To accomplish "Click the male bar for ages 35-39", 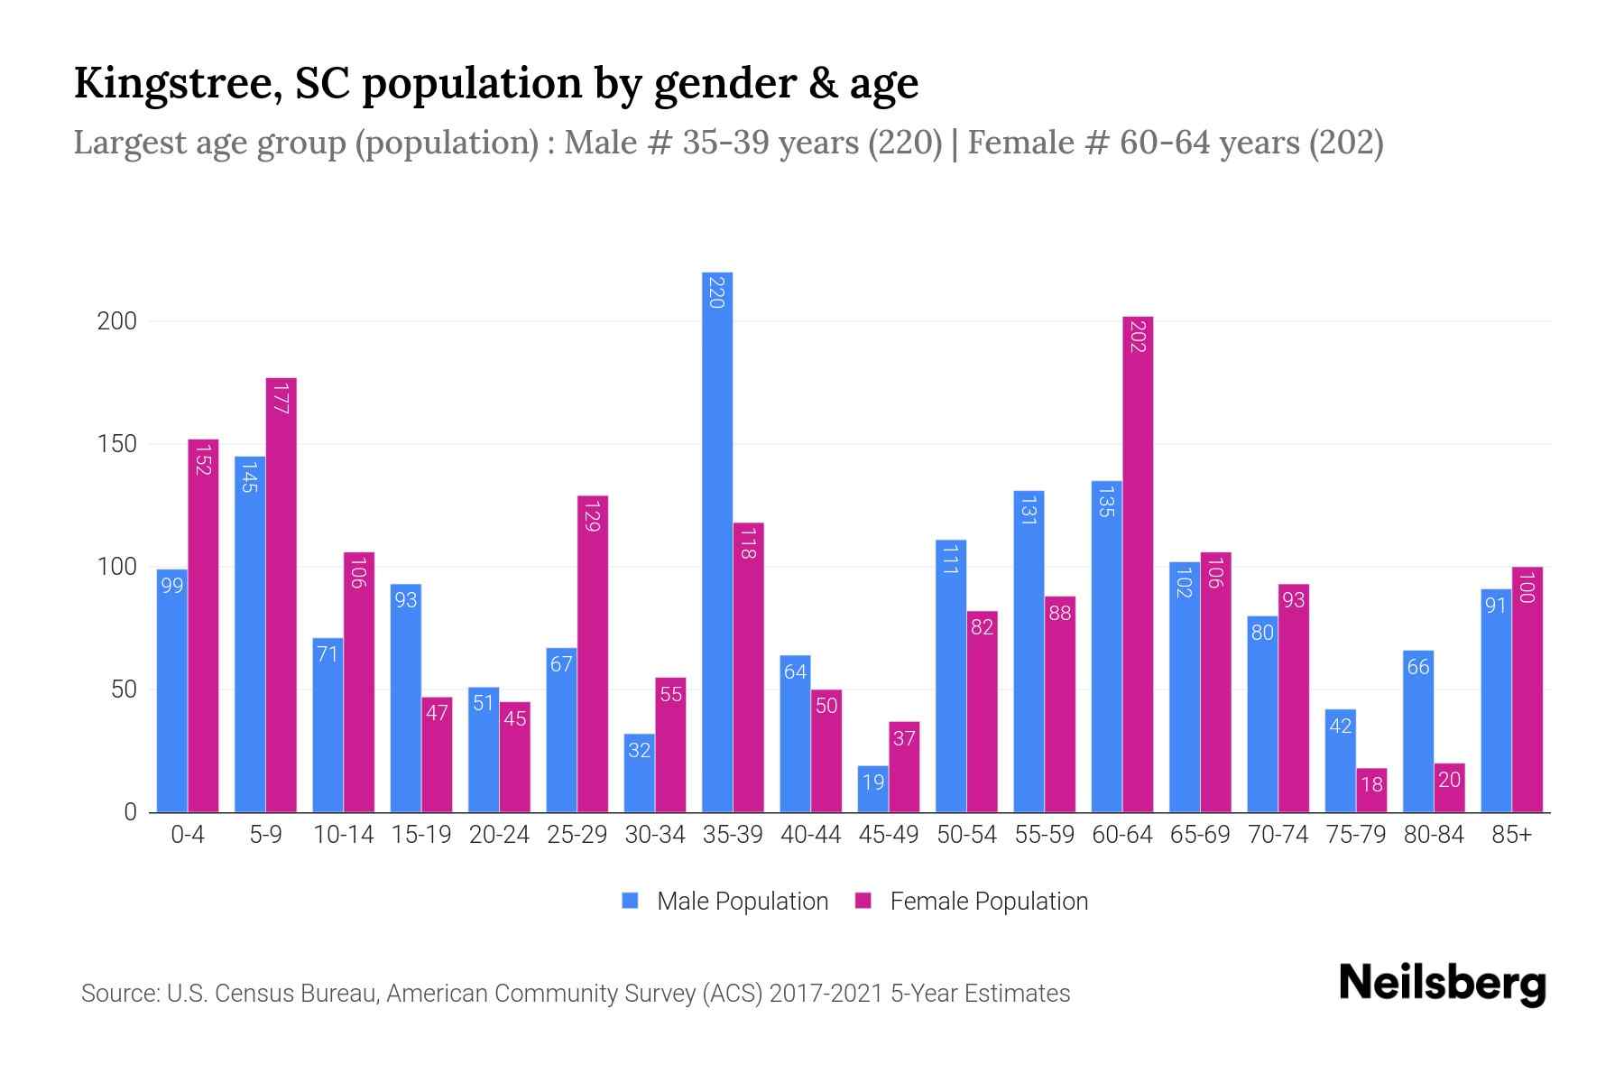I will click(717, 541).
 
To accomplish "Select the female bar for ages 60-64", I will click(1138, 564).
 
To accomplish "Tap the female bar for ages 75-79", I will click(1371, 791).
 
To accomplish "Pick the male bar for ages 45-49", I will click(872, 790).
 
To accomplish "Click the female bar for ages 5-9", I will click(281, 596).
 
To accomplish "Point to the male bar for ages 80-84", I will click(1418, 731).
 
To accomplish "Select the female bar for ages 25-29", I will click(593, 654).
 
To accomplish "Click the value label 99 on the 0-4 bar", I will click(171, 586).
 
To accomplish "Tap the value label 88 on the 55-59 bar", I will click(1060, 613).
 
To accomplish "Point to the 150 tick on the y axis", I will click(116, 444).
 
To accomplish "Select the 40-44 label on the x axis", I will click(810, 835).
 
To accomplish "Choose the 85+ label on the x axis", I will click(1511, 835).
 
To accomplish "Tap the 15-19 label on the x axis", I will click(421, 835).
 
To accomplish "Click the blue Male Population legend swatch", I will click(630, 901).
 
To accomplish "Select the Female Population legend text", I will click(989, 901).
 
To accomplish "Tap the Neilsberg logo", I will click(1442, 984).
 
